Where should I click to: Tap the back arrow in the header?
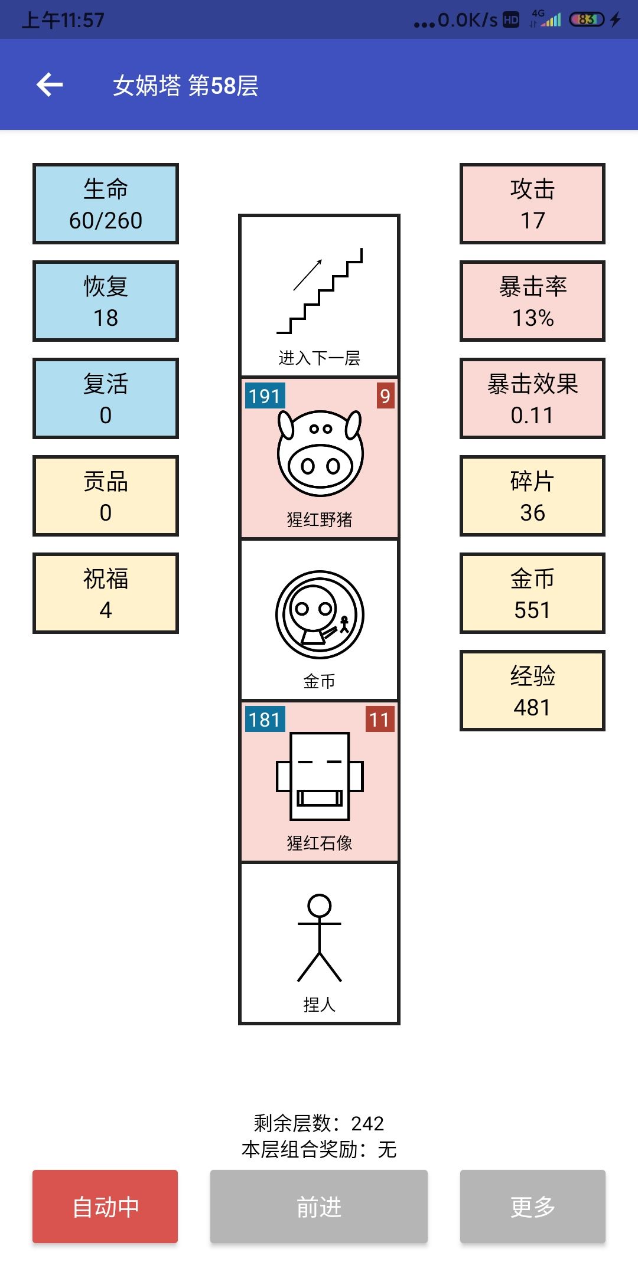(x=50, y=85)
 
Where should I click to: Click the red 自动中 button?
(x=105, y=1207)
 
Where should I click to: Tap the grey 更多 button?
(x=533, y=1207)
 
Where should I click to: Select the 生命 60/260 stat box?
(x=106, y=204)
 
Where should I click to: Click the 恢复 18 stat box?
(x=106, y=301)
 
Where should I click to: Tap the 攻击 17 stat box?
(x=533, y=204)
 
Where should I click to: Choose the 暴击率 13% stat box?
(x=533, y=301)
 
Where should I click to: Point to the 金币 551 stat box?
(x=533, y=593)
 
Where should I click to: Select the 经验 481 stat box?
(x=533, y=691)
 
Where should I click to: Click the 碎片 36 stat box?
(x=533, y=496)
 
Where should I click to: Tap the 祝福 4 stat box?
(x=106, y=593)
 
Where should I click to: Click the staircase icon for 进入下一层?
(x=320, y=291)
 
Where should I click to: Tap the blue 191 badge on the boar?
(x=265, y=395)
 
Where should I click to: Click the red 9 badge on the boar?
(x=385, y=395)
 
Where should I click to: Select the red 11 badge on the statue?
(x=379, y=719)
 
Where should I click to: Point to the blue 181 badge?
(x=265, y=719)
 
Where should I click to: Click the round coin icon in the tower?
(x=320, y=614)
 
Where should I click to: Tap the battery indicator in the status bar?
(x=587, y=19)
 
